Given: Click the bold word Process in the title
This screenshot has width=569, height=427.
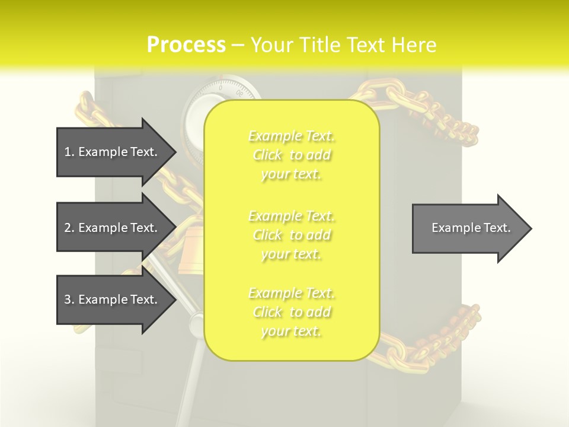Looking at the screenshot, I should (186, 45).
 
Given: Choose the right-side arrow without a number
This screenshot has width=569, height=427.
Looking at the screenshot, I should (471, 228).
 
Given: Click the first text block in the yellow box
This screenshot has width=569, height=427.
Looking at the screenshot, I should (292, 155).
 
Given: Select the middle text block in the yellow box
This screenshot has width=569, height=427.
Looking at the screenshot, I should (292, 235).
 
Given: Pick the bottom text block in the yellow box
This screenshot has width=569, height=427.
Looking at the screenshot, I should (292, 312).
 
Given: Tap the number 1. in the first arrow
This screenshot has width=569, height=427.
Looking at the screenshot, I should (69, 152).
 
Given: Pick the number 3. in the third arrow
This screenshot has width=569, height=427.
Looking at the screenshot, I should (69, 299).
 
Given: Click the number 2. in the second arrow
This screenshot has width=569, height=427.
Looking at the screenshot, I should (69, 228).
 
